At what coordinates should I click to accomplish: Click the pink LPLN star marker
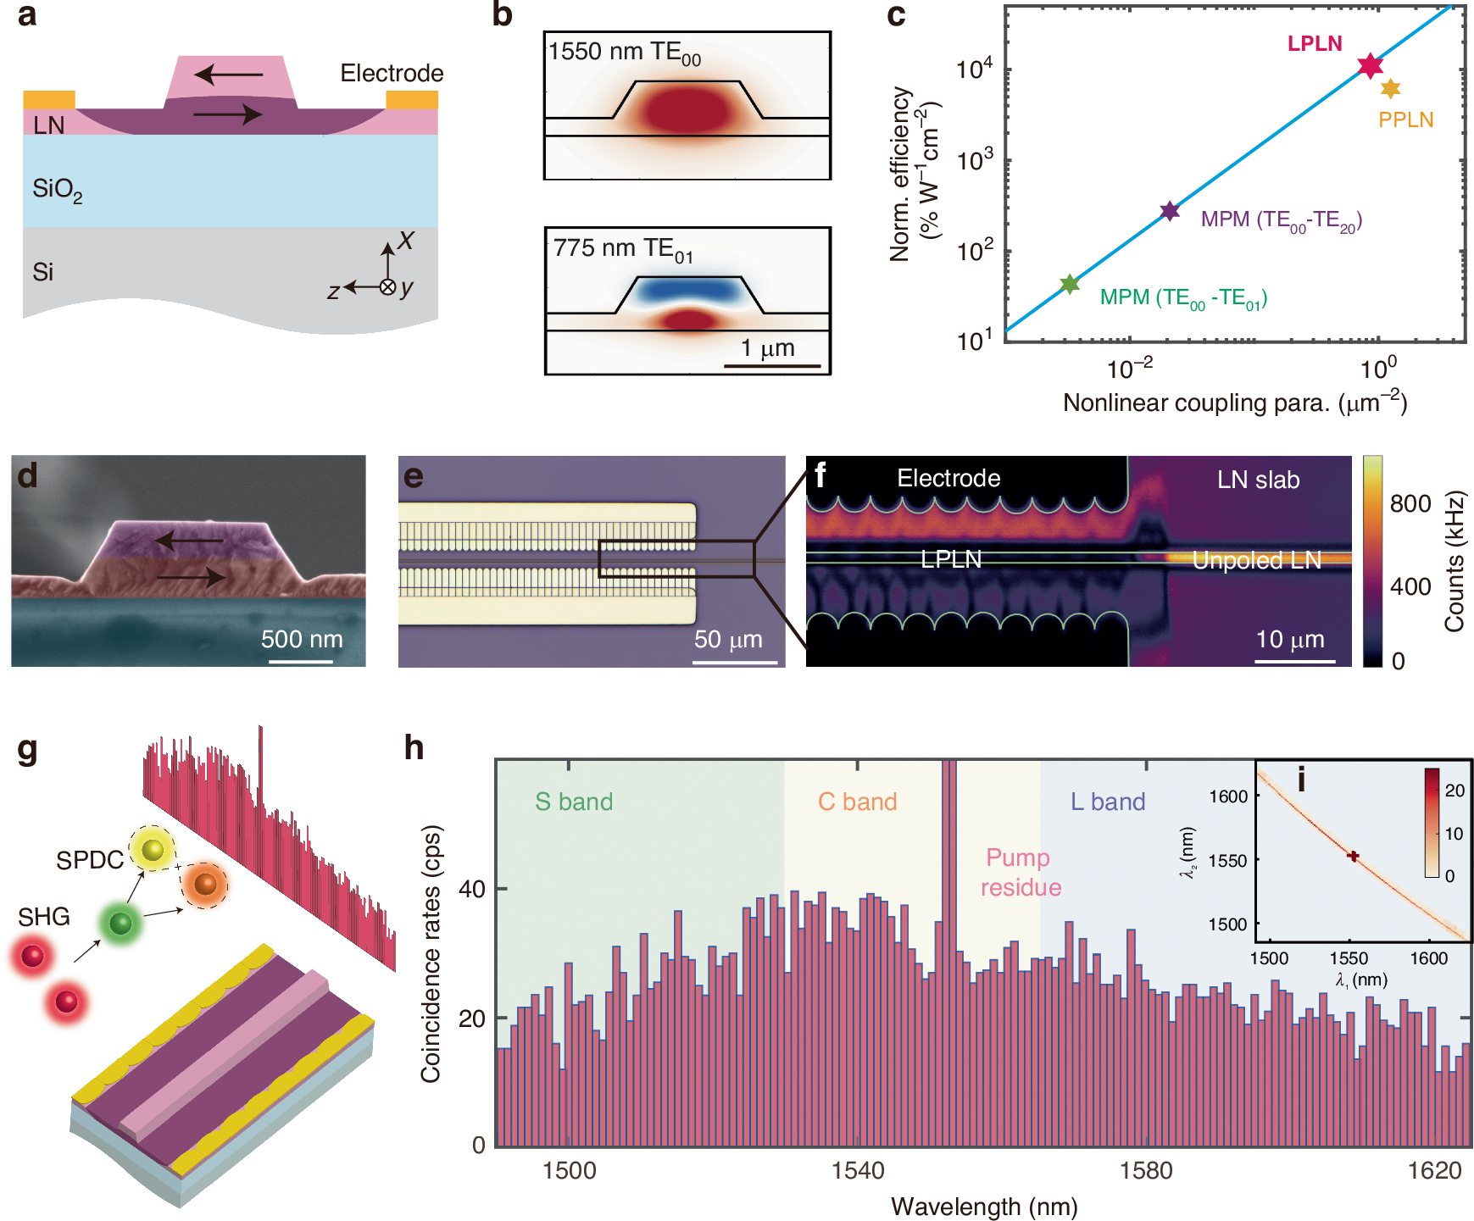[1370, 66]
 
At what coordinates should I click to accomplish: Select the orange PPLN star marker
[1390, 88]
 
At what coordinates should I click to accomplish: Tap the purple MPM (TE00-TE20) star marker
[1170, 211]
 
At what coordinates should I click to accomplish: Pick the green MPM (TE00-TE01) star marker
[1070, 284]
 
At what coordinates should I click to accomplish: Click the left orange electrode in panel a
[49, 100]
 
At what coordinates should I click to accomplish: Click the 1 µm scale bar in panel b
[772, 366]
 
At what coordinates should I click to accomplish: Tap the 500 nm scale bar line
[301, 660]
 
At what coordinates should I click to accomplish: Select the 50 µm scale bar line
[735, 661]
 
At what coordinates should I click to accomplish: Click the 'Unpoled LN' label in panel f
[1256, 560]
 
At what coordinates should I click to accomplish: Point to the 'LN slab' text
[1258, 480]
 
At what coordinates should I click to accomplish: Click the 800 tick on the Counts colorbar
[1410, 504]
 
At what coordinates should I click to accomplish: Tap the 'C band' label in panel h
[857, 802]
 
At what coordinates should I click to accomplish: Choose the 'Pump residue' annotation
[1020, 872]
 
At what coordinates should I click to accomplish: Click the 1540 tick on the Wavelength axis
[858, 1171]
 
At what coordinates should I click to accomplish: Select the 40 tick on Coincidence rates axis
[472, 889]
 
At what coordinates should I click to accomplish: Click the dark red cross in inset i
[1353, 857]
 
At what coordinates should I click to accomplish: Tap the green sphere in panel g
[120, 923]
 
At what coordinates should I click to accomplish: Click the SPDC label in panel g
[89, 860]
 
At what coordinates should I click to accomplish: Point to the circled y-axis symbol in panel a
[387, 287]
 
